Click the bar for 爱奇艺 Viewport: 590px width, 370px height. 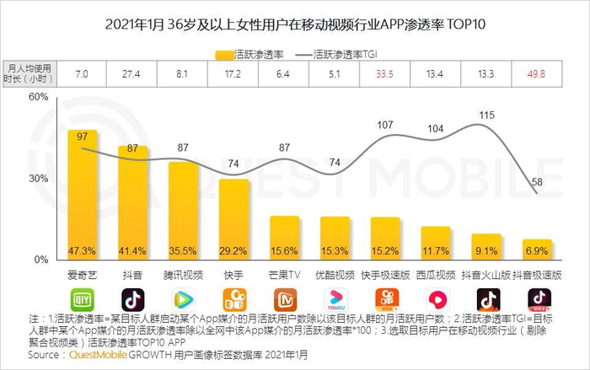(x=83, y=195)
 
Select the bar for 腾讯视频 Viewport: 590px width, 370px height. (x=183, y=211)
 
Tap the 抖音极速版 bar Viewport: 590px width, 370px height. (x=538, y=249)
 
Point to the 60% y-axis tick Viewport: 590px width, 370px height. (x=39, y=98)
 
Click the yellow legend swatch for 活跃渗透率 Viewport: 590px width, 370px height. (x=226, y=54)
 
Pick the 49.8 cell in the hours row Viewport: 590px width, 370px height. (x=537, y=74)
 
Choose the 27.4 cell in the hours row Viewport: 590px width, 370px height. (x=132, y=74)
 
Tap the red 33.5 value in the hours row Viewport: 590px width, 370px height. (x=385, y=74)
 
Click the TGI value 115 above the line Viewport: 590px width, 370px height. (x=486, y=115)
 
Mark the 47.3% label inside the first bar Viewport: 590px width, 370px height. (x=82, y=251)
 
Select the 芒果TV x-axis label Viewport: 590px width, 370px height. (x=285, y=275)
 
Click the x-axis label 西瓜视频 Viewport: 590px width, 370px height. (x=437, y=275)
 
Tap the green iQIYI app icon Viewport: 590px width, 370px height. (x=82, y=299)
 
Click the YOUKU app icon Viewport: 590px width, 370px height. (x=335, y=299)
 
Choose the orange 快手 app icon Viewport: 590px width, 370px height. (x=234, y=299)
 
